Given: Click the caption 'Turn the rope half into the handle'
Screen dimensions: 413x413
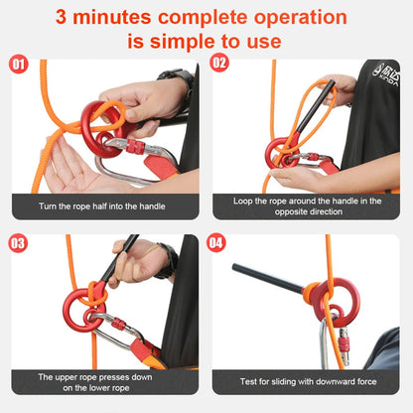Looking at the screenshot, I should click(102, 206).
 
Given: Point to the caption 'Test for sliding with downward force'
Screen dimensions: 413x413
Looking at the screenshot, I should click(305, 381).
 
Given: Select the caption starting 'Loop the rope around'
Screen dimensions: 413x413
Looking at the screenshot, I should click(305, 206).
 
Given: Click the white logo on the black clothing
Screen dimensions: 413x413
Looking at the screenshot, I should click(382, 71).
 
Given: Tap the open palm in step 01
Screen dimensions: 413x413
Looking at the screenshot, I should click(69, 169).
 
